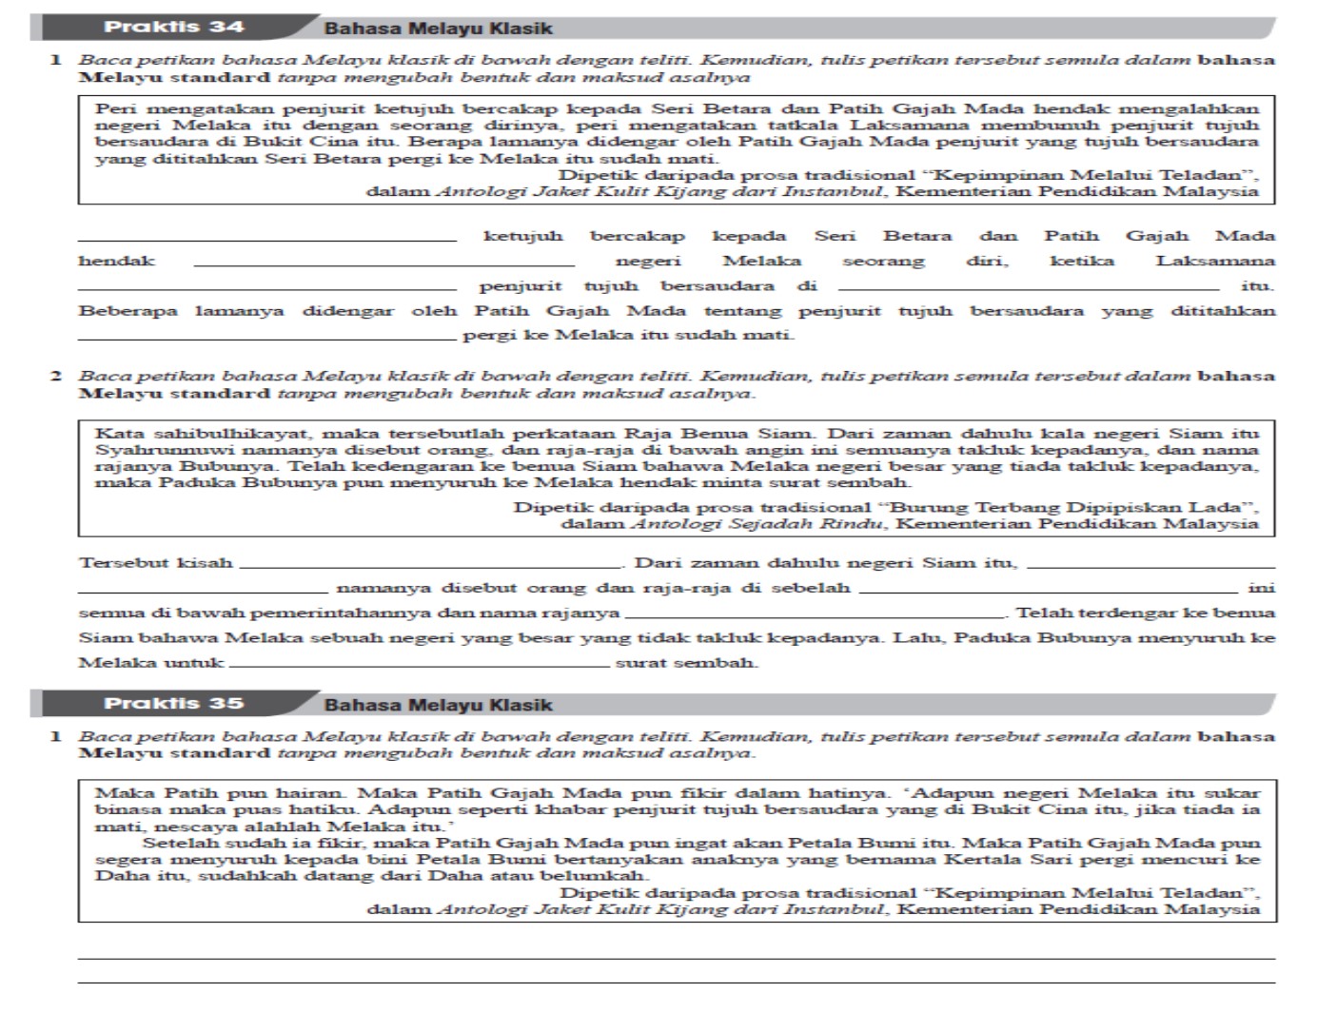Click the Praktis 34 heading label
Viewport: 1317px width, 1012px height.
pyautogui.click(x=173, y=27)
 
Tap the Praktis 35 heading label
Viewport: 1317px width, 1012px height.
pyautogui.click(x=173, y=704)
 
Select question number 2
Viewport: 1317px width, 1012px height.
pyautogui.click(x=56, y=377)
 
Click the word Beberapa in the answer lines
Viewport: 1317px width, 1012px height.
pyautogui.click(x=128, y=311)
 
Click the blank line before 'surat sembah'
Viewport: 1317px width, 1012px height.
pyautogui.click(x=419, y=666)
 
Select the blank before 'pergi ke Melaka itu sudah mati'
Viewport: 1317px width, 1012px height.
pyautogui.click(x=266, y=338)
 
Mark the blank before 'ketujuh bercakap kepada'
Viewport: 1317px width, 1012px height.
pyautogui.click(x=266, y=239)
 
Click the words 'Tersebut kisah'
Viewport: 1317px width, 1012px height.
pyautogui.click(x=155, y=563)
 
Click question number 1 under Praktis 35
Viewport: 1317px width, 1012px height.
pyautogui.click(x=56, y=737)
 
